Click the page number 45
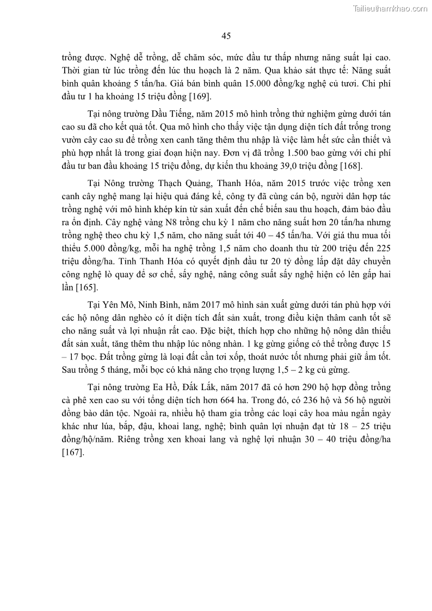click(x=226, y=36)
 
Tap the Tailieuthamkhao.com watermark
click(x=390, y=8)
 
